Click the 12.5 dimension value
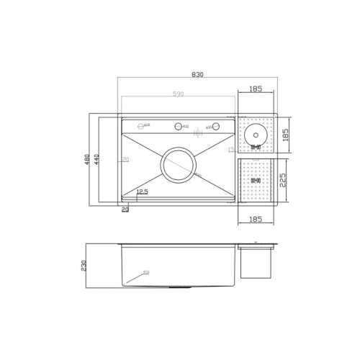click(x=142, y=192)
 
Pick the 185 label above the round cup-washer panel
click(x=256, y=89)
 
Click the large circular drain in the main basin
click(x=178, y=165)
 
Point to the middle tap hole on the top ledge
click(x=178, y=127)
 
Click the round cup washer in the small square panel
click(x=255, y=133)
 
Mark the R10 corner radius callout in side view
click(x=145, y=273)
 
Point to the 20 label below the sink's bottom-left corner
click(x=125, y=210)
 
